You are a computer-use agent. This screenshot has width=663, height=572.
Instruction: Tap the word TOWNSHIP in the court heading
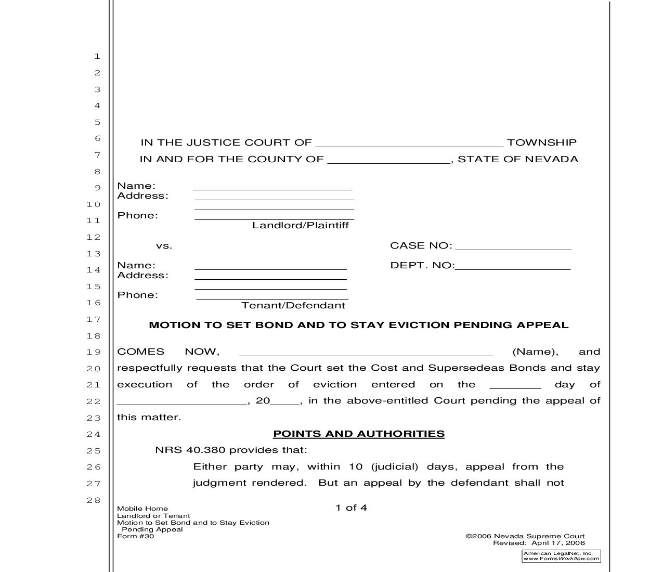[541, 142]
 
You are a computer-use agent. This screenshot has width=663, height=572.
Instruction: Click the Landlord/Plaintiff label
[300, 226]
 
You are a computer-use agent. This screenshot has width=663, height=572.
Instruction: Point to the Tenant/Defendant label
[293, 306]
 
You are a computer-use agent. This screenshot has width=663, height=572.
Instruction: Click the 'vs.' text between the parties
[164, 246]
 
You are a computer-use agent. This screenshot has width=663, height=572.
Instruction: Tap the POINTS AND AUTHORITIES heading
[358, 434]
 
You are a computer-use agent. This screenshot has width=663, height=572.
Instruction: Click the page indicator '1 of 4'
[351, 508]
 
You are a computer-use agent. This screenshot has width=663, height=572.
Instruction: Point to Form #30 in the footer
[136, 537]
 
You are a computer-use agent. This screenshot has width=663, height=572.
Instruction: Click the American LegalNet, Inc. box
[561, 556]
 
